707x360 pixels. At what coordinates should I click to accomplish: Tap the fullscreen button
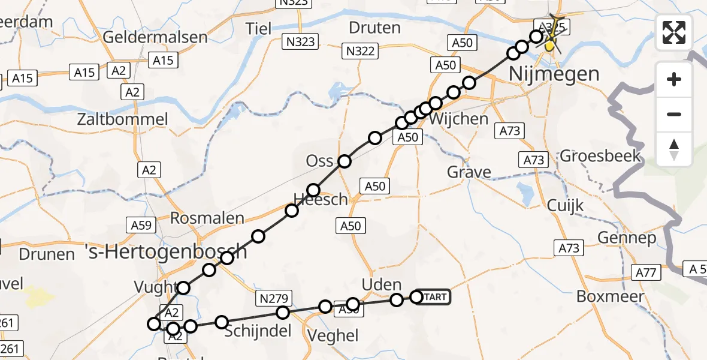point(674,32)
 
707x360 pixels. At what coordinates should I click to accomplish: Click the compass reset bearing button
point(674,149)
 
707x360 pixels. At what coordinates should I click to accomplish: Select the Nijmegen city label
point(554,74)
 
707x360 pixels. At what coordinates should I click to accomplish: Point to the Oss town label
point(319,161)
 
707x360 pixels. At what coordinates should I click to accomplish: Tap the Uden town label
point(381,284)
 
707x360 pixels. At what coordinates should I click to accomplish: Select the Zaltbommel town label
point(122,119)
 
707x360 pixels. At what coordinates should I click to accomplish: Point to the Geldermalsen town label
point(155,37)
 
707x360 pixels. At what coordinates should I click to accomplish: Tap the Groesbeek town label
point(600,157)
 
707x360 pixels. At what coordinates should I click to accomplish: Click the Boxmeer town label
point(610,296)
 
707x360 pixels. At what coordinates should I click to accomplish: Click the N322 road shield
point(361,51)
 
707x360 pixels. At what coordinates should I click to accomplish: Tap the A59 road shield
point(141,226)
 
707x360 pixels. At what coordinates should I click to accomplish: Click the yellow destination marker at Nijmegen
point(549,46)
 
